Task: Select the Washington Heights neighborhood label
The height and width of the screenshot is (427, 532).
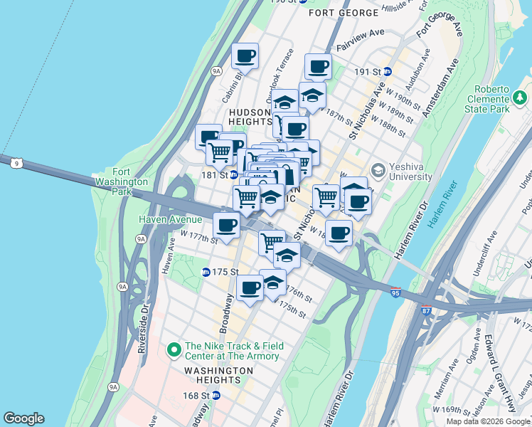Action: click(218, 376)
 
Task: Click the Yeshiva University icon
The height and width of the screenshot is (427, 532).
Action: click(378, 170)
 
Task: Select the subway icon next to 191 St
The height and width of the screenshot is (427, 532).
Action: click(388, 71)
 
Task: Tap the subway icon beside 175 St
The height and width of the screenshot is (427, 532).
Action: click(206, 272)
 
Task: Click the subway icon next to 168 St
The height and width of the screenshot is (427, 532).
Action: click(217, 395)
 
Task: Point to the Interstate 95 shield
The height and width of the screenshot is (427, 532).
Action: click(396, 292)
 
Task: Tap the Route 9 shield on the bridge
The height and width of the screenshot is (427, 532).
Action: click(16, 164)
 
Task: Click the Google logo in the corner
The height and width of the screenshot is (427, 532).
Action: click(23, 418)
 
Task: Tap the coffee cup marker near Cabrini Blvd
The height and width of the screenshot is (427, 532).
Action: click(245, 55)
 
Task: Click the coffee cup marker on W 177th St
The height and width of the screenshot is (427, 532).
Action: click(227, 226)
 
